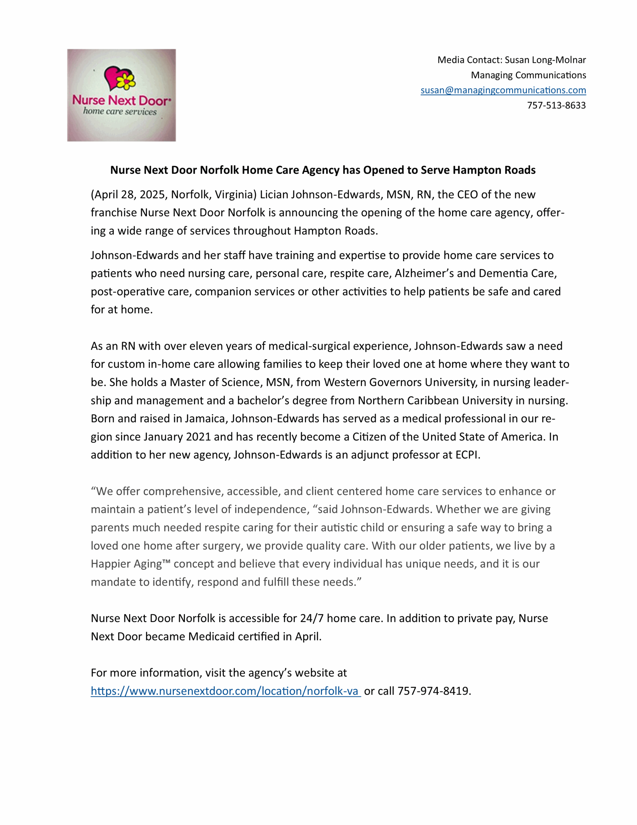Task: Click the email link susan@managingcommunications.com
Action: pyautogui.click(x=503, y=90)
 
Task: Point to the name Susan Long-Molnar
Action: pyautogui.click(x=545, y=60)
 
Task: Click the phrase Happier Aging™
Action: pyautogui.click(x=131, y=564)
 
